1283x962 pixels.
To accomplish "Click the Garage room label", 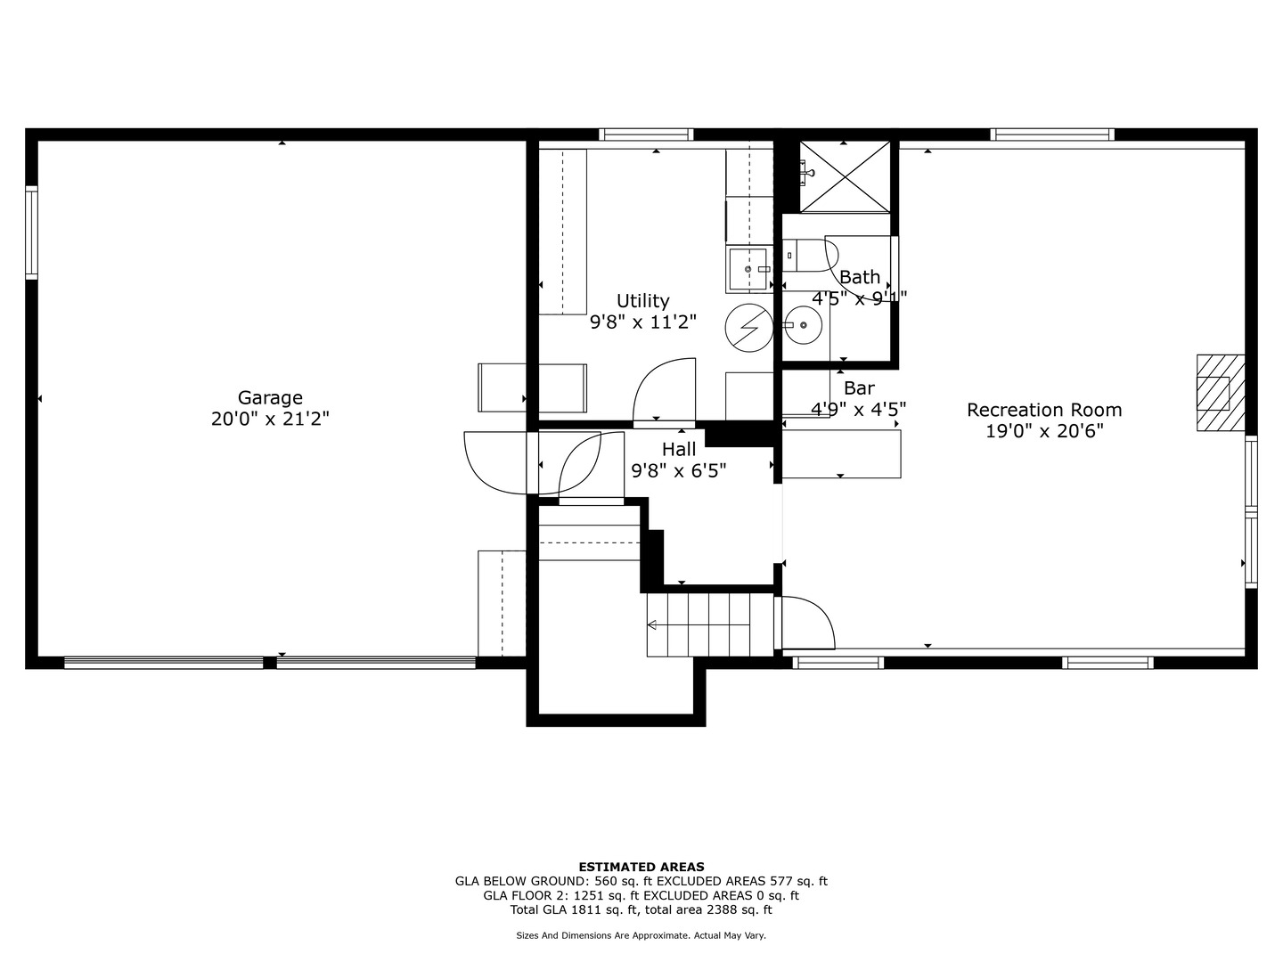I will pyautogui.click(x=270, y=398).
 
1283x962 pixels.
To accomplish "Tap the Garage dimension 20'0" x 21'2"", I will pyautogui.click(x=270, y=419).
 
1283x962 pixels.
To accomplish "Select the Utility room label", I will pyautogui.click(x=642, y=301).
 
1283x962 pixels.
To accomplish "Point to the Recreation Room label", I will pyautogui.click(x=1044, y=410).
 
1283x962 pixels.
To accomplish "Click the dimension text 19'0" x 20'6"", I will pyautogui.click(x=1044, y=431).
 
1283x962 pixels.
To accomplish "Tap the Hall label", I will pyautogui.click(x=678, y=450).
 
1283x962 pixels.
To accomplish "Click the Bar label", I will pyautogui.click(x=859, y=388).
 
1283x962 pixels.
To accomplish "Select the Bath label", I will pyautogui.click(x=859, y=277).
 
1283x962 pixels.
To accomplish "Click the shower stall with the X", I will pyautogui.click(x=845, y=175).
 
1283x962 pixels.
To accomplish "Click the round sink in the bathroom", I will pyautogui.click(x=805, y=326).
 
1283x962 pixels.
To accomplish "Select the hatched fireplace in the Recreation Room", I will pyautogui.click(x=1218, y=392).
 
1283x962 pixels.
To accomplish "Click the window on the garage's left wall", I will pyautogui.click(x=32, y=232).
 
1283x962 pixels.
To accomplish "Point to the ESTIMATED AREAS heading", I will pyautogui.click(x=641, y=867).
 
